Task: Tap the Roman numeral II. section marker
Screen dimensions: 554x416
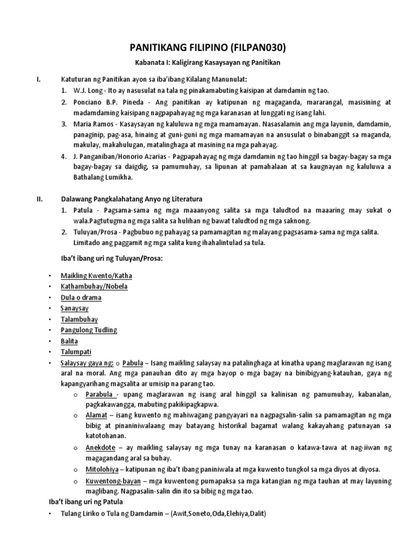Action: pos(40,199)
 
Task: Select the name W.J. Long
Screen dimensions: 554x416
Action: pos(85,90)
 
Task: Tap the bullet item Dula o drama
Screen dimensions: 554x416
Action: pos(81,297)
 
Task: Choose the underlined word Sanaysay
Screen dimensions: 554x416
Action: pos(76,308)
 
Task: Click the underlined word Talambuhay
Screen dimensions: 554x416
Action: pos(80,319)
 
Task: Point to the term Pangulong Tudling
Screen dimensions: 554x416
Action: pos(89,330)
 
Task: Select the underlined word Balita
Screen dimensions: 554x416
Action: pos(69,341)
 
